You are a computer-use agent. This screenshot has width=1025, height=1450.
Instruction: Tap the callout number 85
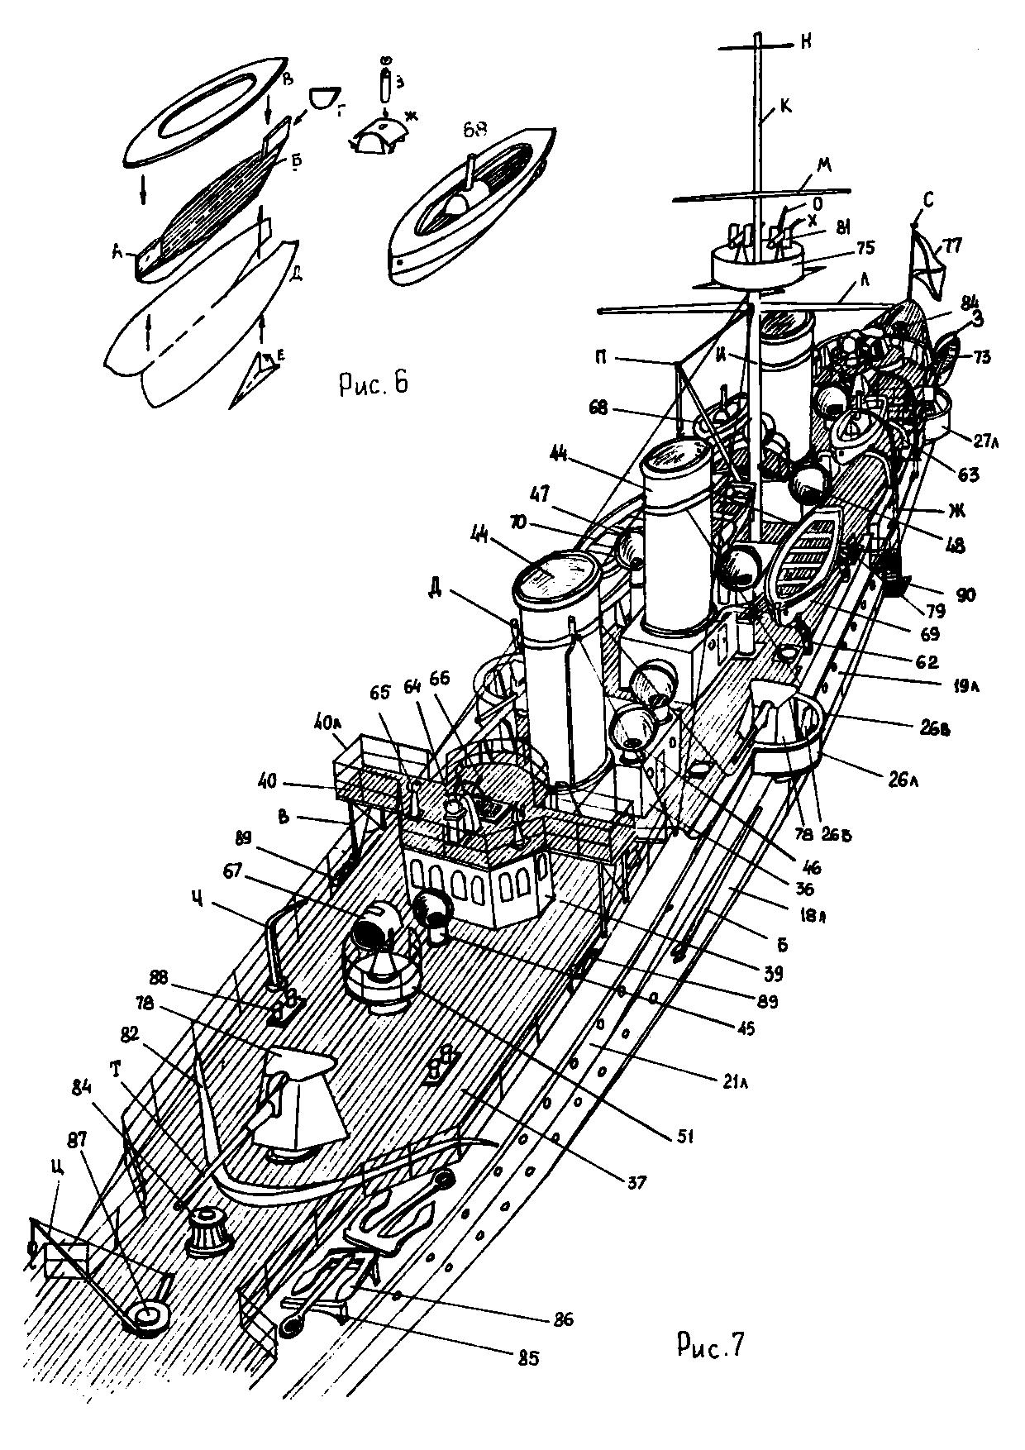[528, 1357]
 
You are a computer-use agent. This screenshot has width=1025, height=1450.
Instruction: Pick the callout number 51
[685, 1137]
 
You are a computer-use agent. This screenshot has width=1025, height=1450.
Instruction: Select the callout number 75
[842, 247]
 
